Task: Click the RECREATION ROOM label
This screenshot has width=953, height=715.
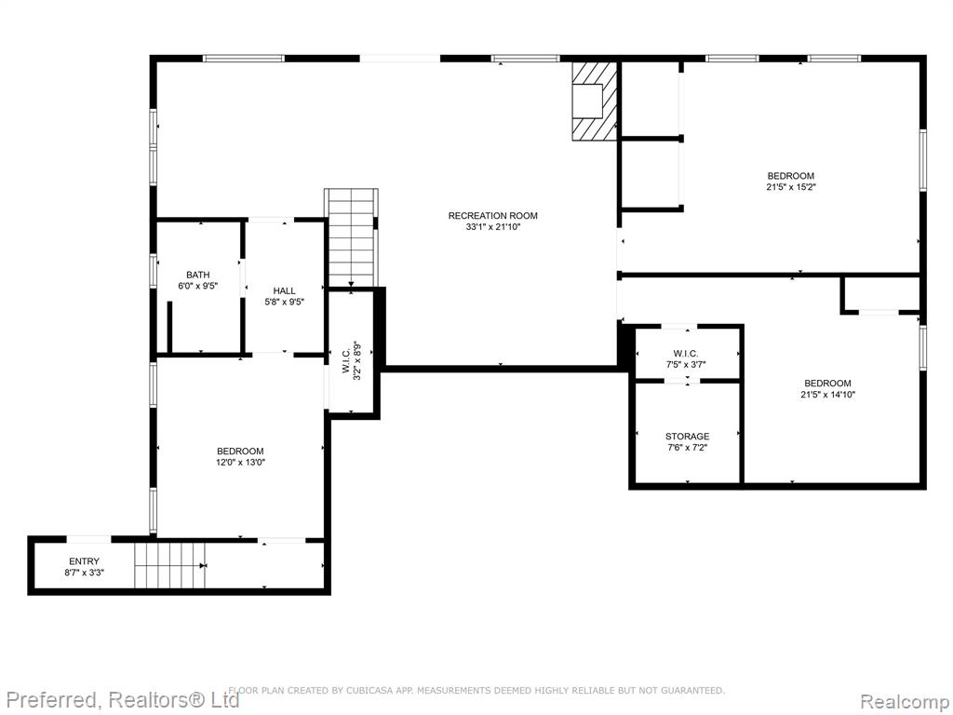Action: [493, 216]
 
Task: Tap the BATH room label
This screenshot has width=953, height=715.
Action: [198, 275]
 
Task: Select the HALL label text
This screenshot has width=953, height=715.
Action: [284, 291]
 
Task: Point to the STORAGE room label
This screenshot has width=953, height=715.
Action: [687, 437]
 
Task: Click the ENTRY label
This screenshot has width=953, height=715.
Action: [84, 561]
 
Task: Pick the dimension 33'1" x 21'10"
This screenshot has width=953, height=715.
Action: [493, 227]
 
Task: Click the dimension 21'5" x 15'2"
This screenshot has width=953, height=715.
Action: [791, 187]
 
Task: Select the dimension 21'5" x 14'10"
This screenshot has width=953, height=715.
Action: [827, 395]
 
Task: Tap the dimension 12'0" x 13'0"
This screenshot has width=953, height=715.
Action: [241, 462]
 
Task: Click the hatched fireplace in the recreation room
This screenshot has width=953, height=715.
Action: [594, 101]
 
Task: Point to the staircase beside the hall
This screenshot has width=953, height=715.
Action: [351, 237]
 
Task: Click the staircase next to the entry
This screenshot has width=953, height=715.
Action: [170, 565]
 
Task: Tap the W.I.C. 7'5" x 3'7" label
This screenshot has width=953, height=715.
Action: [686, 358]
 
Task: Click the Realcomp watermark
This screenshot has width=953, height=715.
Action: [905, 701]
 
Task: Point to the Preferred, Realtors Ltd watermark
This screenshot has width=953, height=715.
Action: [123, 700]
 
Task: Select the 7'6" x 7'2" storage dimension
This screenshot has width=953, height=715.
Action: [687, 448]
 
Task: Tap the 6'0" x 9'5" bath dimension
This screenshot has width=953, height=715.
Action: [198, 286]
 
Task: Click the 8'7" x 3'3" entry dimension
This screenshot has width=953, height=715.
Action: [84, 573]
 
